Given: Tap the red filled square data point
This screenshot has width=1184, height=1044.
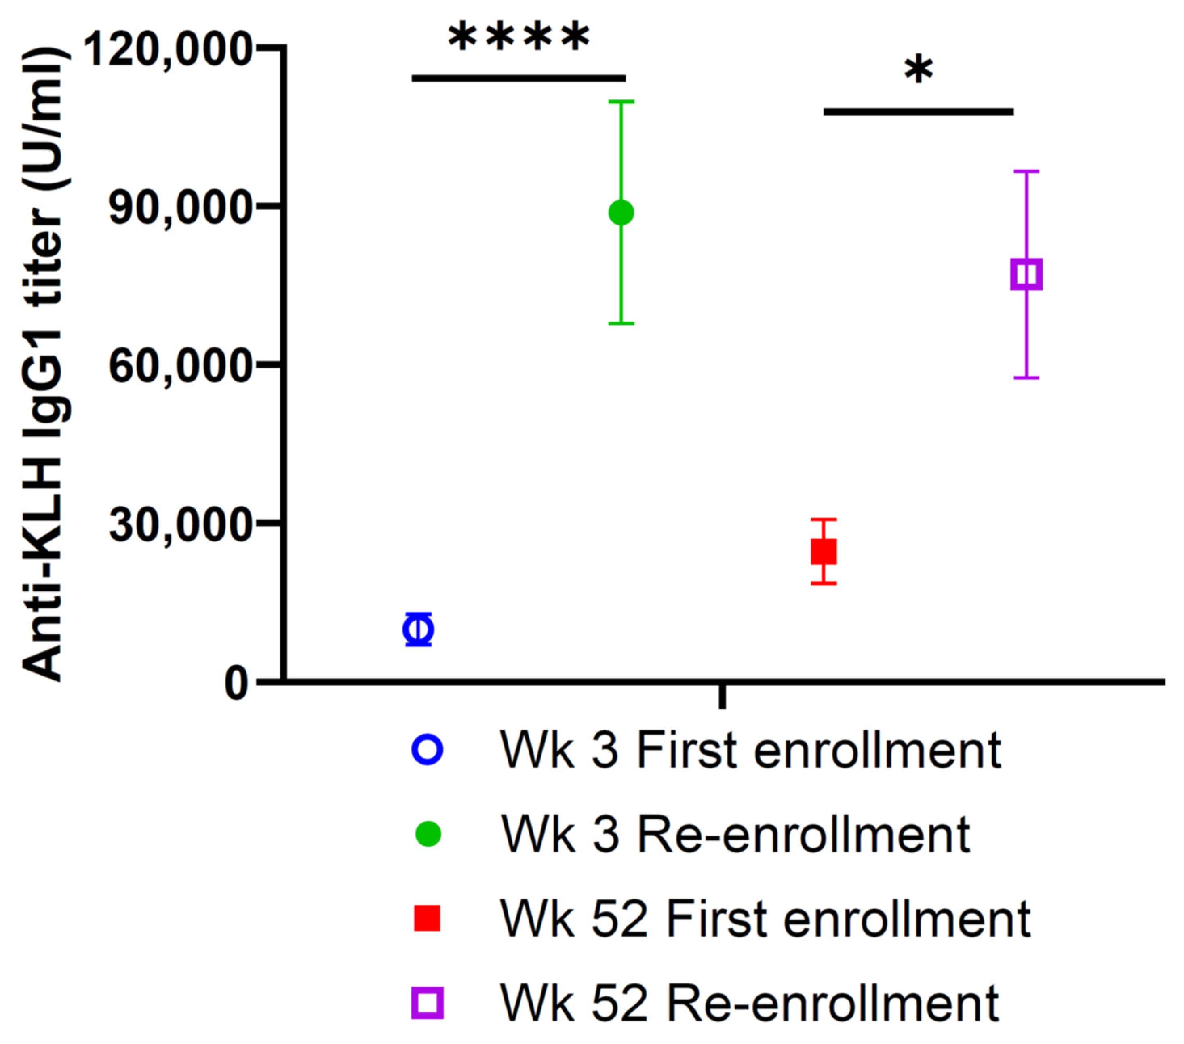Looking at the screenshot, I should pyautogui.click(x=823, y=551).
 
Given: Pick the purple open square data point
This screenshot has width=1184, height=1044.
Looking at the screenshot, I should pyautogui.click(x=1026, y=274).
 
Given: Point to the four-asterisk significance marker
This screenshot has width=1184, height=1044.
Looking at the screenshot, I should pyautogui.click(x=519, y=38).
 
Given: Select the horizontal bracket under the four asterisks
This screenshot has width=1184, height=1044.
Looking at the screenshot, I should pyautogui.click(x=519, y=78).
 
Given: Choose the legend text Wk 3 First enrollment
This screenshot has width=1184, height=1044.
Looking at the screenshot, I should pyautogui.click(x=751, y=751).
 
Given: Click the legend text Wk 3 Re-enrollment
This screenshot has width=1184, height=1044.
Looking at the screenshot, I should pyautogui.click(x=735, y=835).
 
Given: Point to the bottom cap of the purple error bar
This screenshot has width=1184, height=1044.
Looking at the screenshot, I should pyautogui.click(x=1026, y=377).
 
